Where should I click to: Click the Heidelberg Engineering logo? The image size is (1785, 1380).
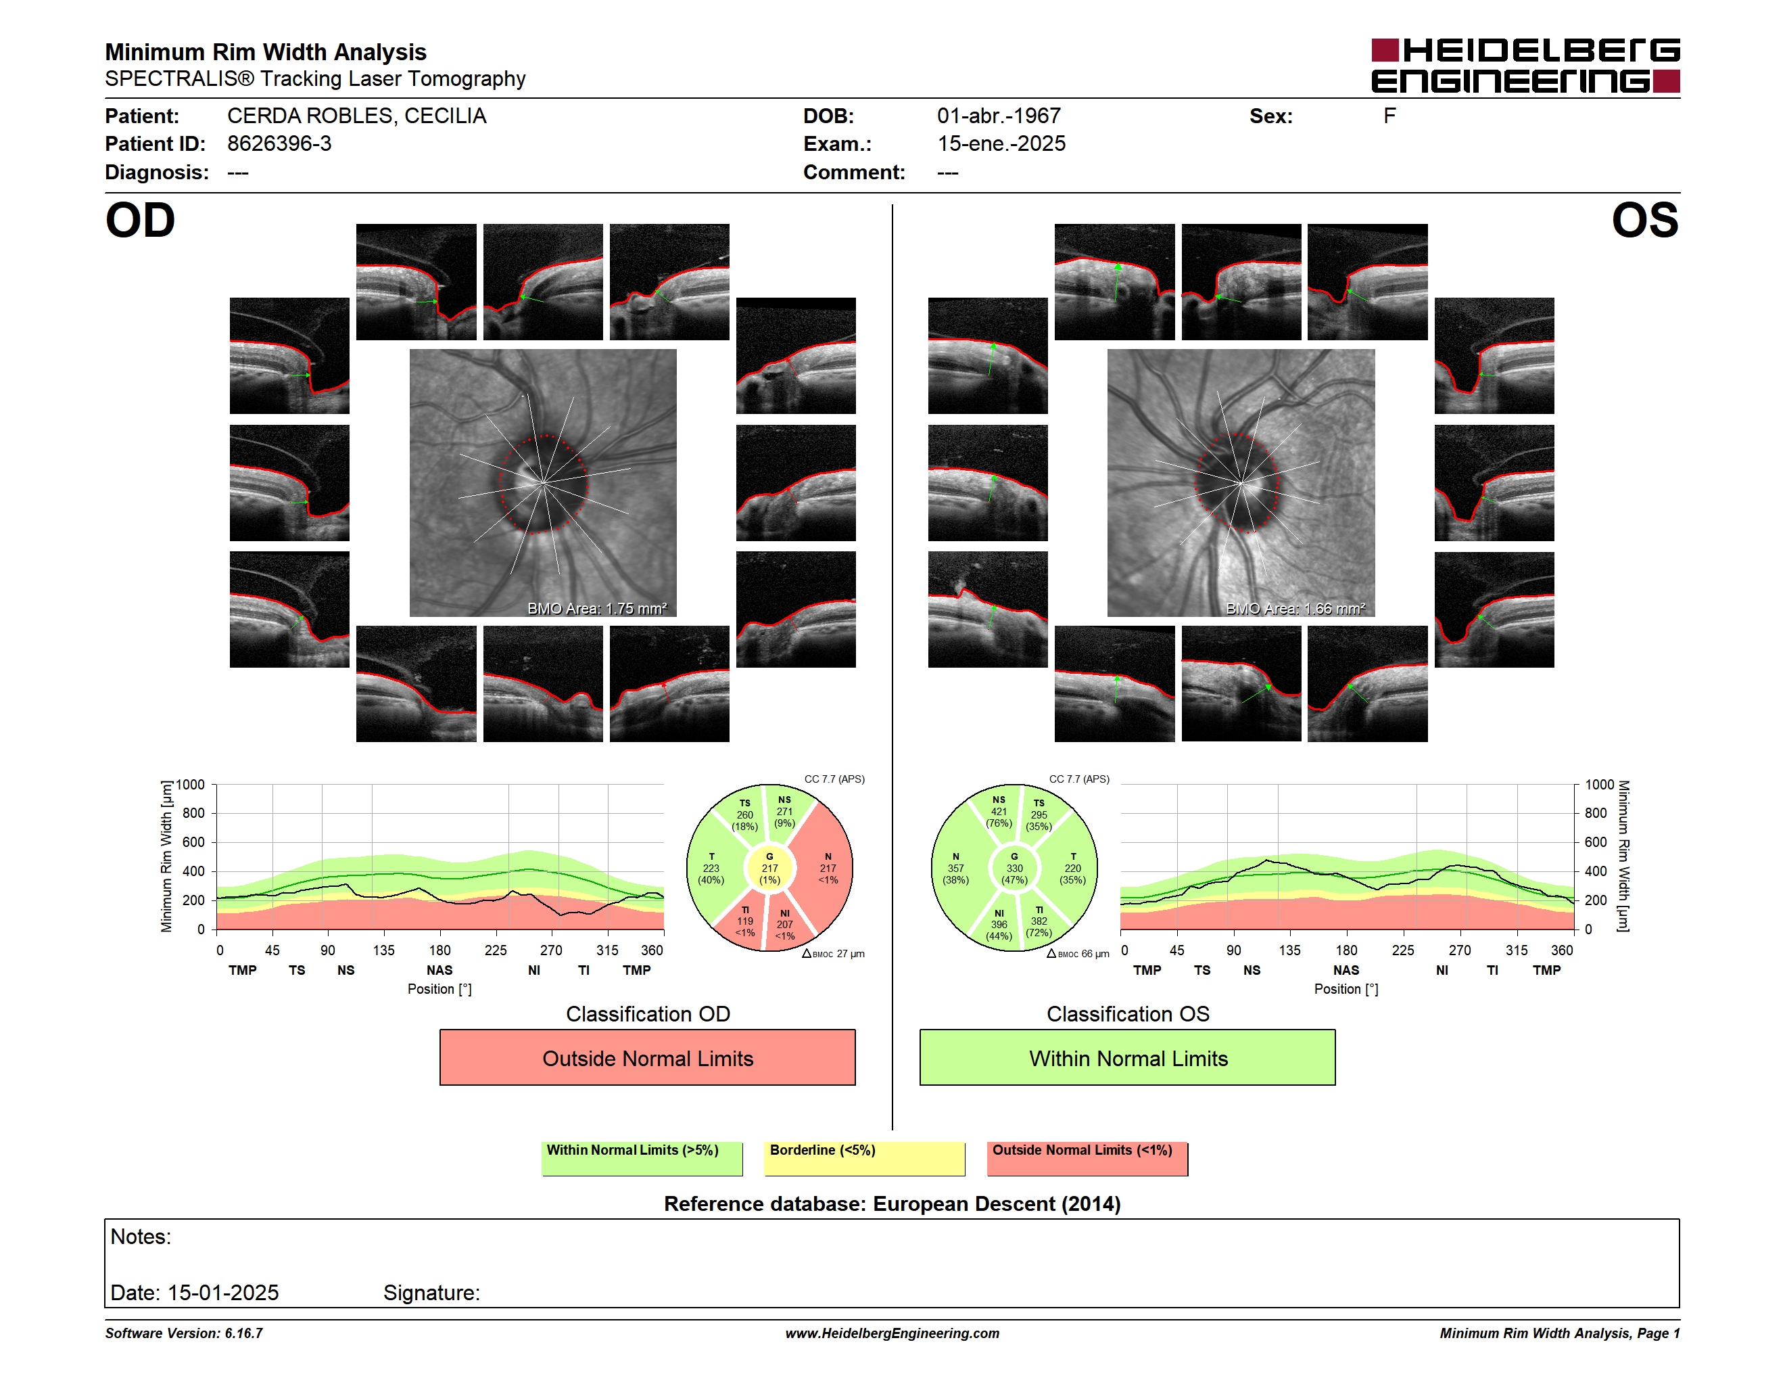(1525, 66)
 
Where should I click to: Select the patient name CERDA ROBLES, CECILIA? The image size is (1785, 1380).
(356, 116)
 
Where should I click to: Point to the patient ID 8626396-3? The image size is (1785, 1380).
(279, 144)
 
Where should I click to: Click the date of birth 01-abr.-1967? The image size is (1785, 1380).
(999, 116)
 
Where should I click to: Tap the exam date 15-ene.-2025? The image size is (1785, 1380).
(1001, 144)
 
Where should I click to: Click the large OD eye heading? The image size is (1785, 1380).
(141, 221)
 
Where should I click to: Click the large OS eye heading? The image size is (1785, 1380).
(1644, 221)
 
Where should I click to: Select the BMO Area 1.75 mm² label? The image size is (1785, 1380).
(596, 608)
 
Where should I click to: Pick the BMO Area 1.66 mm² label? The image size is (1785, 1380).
(1295, 608)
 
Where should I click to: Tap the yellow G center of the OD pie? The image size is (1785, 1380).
(769, 868)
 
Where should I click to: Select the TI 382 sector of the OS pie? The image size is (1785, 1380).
(1040, 921)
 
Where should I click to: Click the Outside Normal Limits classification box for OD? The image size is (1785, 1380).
(647, 1058)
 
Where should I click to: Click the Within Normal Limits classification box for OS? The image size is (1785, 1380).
(1128, 1058)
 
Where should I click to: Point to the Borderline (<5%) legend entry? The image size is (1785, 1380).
(865, 1158)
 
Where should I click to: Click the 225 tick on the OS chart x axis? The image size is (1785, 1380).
(1402, 950)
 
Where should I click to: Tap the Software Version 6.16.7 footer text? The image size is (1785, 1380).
(184, 1333)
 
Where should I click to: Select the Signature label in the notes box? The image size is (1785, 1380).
(431, 1293)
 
